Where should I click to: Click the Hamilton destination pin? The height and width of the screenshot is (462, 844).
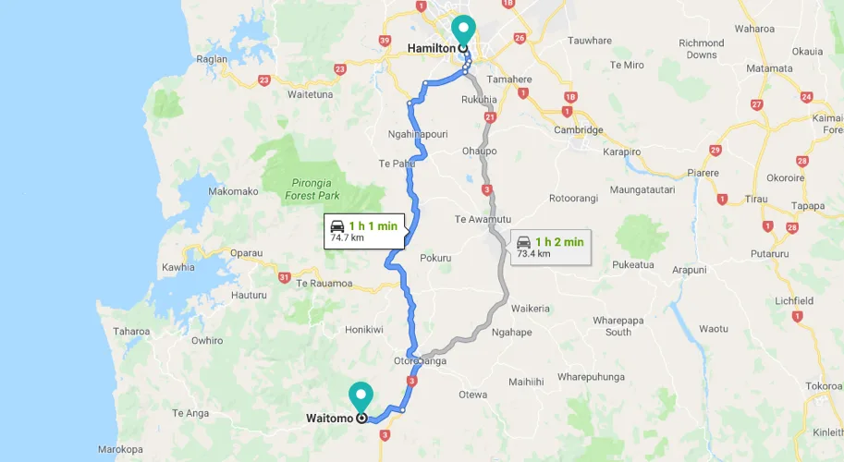(462, 31)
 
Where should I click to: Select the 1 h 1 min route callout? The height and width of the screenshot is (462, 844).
(364, 231)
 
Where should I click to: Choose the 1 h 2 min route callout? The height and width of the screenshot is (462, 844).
(550, 247)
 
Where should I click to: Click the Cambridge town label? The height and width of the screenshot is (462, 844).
(578, 130)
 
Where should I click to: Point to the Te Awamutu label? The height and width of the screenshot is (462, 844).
(483, 219)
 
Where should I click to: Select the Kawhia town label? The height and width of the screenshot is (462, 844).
(177, 268)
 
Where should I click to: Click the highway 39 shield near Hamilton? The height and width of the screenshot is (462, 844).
(385, 41)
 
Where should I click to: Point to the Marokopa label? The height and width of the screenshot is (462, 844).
(121, 451)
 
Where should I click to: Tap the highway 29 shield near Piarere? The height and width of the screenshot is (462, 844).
(715, 150)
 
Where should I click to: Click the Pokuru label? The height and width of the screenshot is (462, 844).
(435, 258)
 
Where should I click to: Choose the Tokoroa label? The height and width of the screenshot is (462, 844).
(823, 385)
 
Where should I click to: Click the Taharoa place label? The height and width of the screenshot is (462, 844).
(130, 331)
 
